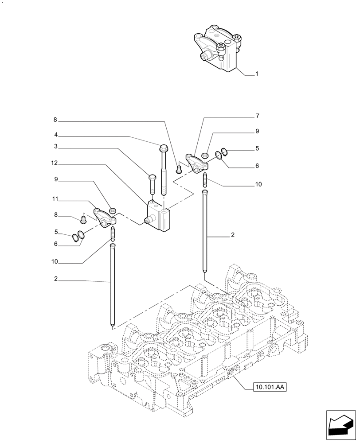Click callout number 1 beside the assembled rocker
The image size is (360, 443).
tap(256, 74)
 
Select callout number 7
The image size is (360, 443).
tap(257, 116)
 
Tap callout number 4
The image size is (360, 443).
tap(56, 135)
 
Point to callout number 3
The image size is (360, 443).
tap(56, 146)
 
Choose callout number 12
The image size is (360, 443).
tap(54, 163)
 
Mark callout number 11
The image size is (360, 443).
tap(54, 199)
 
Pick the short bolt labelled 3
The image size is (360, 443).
tap(152, 183)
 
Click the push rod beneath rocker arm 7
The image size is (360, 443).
tap(205, 230)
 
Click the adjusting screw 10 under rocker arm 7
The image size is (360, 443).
tap(205, 179)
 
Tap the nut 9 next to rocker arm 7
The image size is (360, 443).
tap(205, 155)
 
